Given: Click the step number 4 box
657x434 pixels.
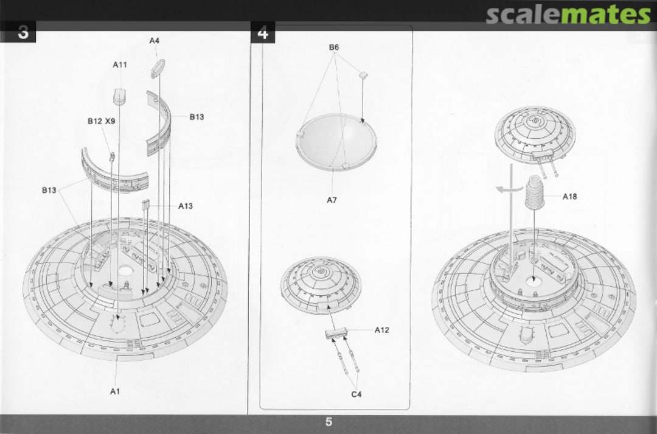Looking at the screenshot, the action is tap(263, 32).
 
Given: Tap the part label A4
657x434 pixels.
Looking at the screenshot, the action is tap(154, 41).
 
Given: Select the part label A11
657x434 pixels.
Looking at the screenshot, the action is tap(119, 65).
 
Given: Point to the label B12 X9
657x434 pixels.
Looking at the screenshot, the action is tap(101, 121).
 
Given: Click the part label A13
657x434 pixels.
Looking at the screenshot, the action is tap(186, 206).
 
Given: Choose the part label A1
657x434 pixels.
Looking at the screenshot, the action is tap(115, 391).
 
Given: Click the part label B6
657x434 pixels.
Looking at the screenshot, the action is tap(333, 47).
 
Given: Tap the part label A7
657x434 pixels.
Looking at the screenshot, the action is tap(332, 200).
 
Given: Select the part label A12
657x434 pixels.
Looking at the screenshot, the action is tap(381, 330).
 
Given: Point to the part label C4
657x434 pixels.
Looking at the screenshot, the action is tap(356, 394).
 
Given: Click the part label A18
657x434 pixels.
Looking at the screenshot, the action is tap(569, 196).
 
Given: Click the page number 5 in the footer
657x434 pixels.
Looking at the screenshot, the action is tap(328, 422).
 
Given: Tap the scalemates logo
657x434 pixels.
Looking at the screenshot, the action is tap(569, 14).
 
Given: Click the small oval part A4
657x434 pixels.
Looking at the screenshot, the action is tap(158, 68).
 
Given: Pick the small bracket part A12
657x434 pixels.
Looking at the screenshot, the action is tap(336, 334).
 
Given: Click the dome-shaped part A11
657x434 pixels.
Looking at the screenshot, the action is tap(120, 96).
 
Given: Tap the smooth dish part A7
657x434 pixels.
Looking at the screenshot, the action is tap(336, 142).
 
